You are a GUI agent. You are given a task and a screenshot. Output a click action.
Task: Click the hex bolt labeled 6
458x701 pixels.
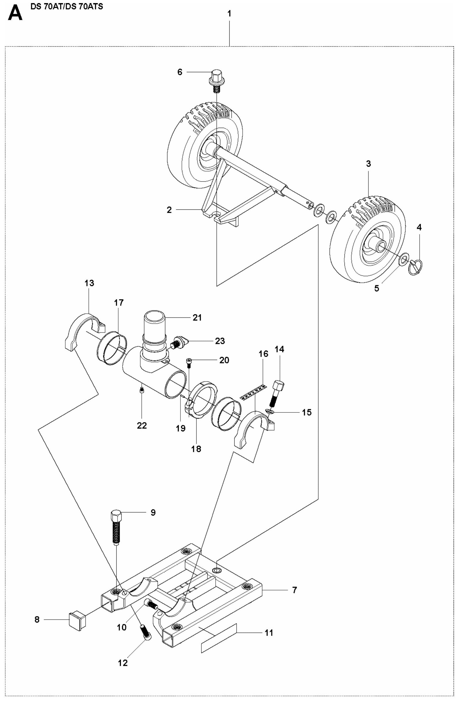(217, 78)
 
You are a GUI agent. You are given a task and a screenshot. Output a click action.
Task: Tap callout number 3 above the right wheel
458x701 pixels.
(368, 164)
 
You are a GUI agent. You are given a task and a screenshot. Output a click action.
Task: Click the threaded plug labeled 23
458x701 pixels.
(179, 343)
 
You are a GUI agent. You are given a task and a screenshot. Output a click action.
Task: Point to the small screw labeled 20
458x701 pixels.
(189, 362)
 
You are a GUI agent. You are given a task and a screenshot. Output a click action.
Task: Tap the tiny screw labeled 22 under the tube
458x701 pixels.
(142, 391)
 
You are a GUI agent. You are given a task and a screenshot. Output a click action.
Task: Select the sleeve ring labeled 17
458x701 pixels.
(112, 348)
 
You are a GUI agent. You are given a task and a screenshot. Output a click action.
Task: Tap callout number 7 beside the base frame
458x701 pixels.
(294, 590)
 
